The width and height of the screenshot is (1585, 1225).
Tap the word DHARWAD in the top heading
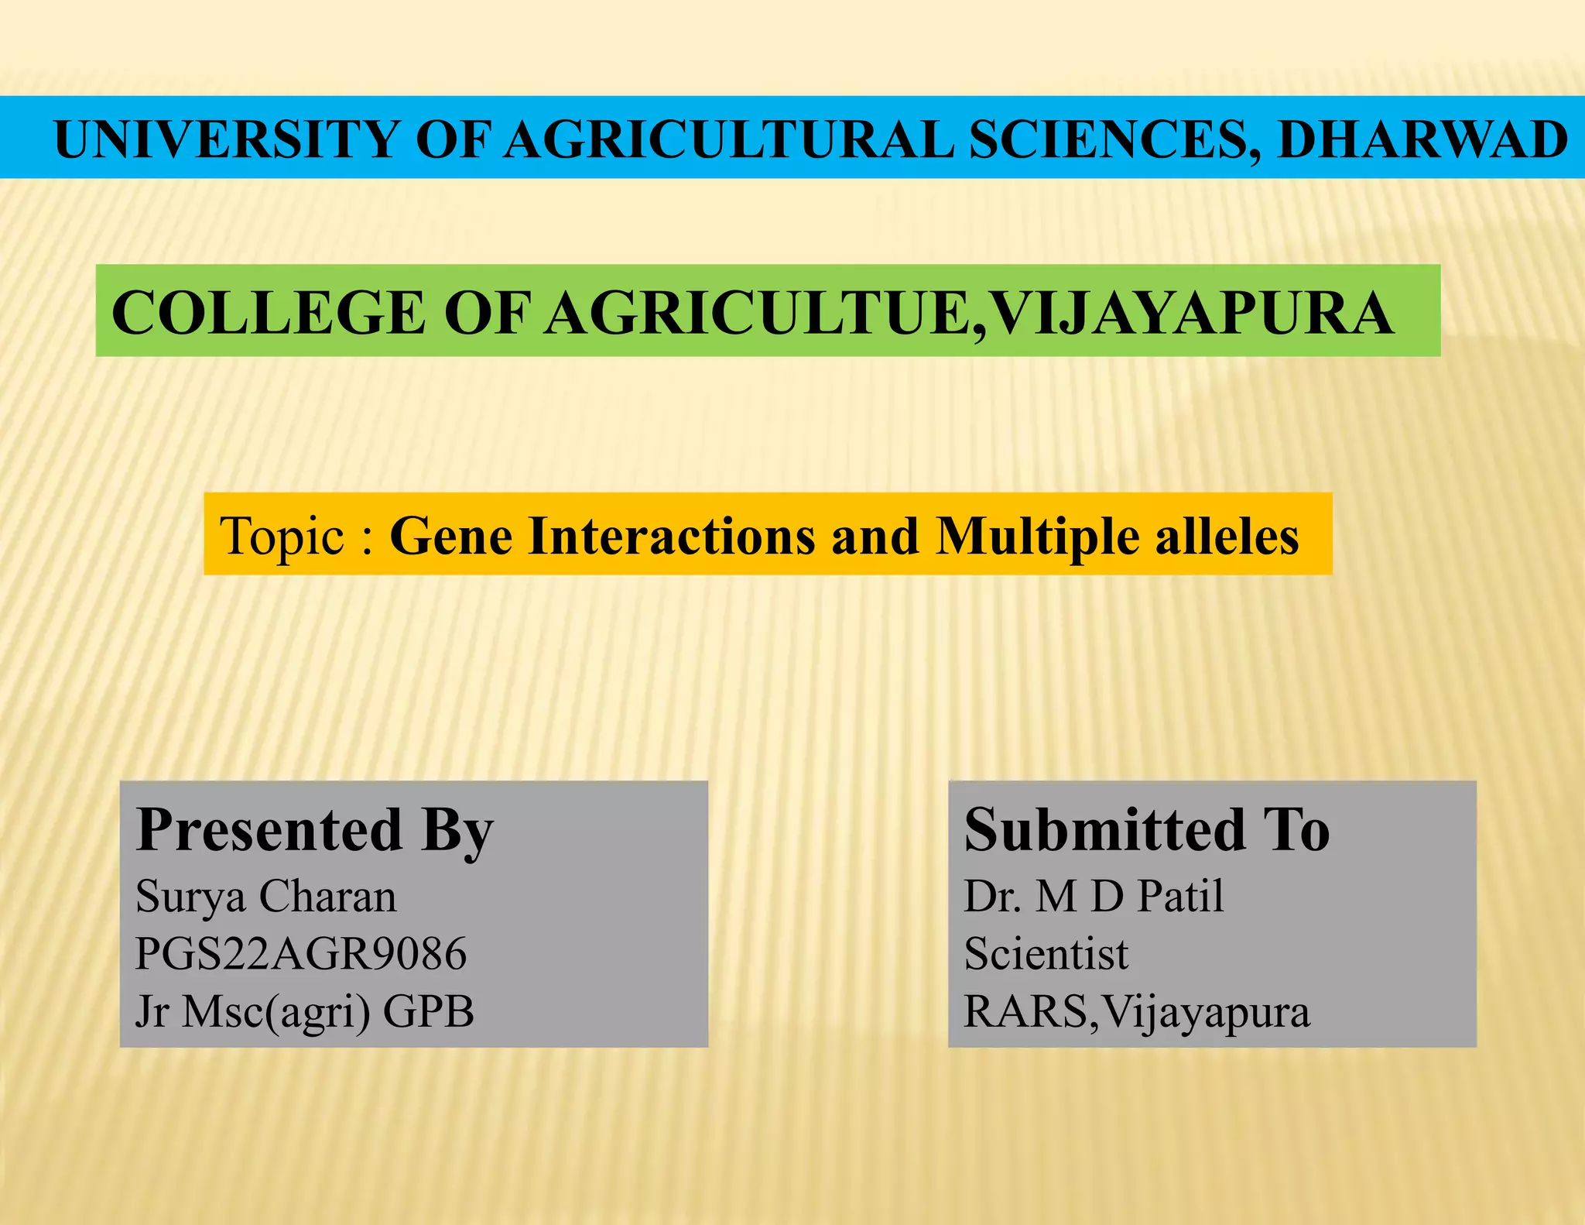coord(1422,140)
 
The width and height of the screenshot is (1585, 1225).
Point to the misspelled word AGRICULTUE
coord(755,313)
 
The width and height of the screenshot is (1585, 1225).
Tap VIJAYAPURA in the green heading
coord(1192,313)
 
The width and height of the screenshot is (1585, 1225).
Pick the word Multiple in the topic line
coord(1037,536)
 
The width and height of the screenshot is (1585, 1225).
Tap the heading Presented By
coord(314,830)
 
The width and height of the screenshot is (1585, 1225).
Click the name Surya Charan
coord(265,897)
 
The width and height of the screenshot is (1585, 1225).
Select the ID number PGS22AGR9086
coord(300,954)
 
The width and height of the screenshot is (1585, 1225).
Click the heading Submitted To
coord(1146,830)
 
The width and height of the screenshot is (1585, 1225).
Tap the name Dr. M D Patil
coord(1093,897)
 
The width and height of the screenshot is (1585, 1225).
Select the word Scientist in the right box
coord(1046,954)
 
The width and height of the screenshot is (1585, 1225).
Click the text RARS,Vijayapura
coord(1136,1011)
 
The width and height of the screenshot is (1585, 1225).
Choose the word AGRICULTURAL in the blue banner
coord(729,140)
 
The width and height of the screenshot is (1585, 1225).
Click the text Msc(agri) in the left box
coord(275,1011)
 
